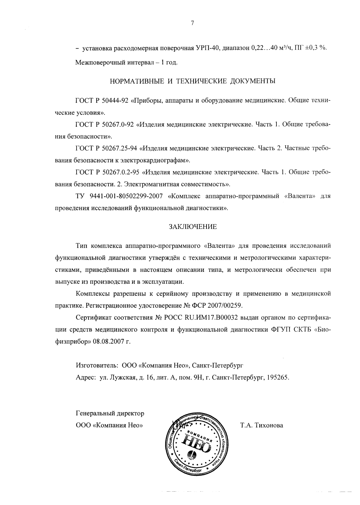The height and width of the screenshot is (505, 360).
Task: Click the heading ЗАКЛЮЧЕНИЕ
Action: point(193,227)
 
